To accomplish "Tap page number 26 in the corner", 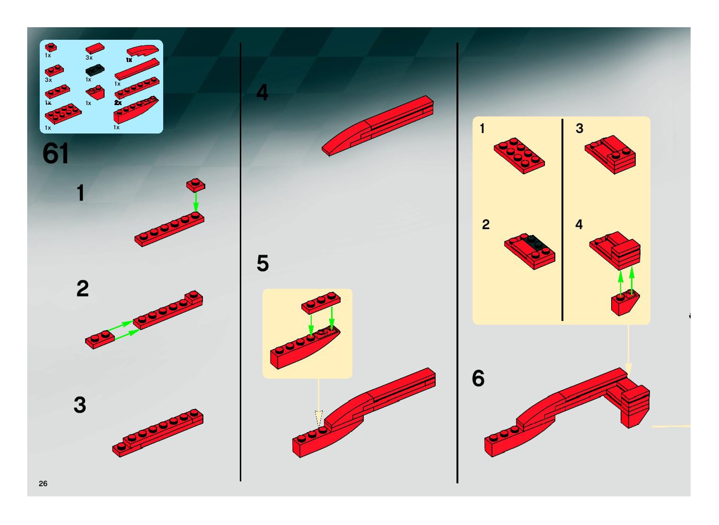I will (x=43, y=483).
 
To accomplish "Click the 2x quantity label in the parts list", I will (x=118, y=103).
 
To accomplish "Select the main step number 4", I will (x=262, y=93).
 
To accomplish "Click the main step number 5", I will (x=262, y=263).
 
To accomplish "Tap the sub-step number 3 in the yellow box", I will (x=579, y=128).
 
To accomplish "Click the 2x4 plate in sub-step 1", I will (x=519, y=156).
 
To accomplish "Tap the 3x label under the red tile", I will (x=89, y=58).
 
